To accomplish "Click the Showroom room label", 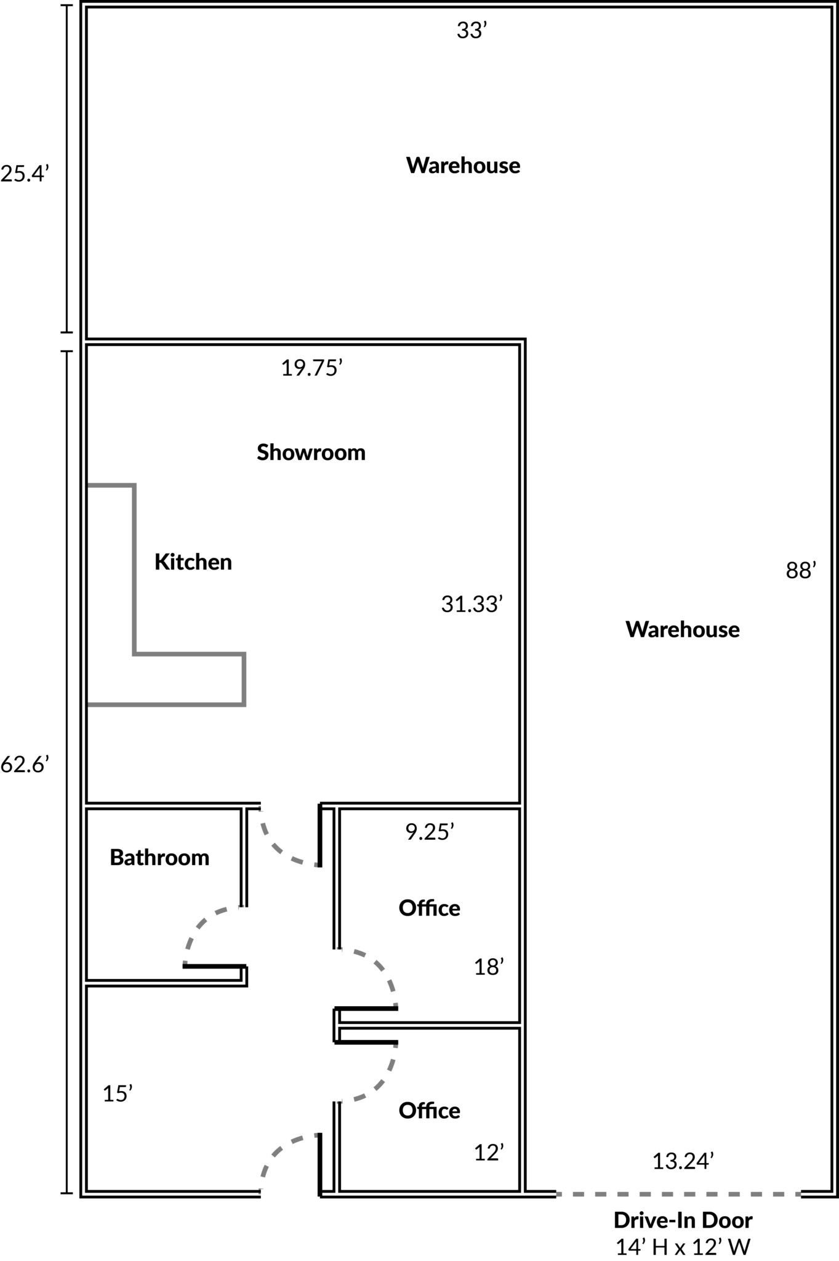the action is point(311,453).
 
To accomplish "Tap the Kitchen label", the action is point(193,562).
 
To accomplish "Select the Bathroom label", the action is point(159,858).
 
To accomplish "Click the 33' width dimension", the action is point(472,30).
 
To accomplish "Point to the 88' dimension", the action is point(801,571).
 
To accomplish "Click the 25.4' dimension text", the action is point(24,174).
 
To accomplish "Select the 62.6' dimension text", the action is point(24,765).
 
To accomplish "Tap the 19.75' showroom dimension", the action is point(311,368).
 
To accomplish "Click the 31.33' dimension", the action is point(472,605).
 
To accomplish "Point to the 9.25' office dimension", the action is point(430,832).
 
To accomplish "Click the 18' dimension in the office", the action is point(489,967).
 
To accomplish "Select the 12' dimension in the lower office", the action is point(489,1153).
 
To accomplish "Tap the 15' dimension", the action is point(118,1094).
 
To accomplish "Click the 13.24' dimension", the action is point(683,1161).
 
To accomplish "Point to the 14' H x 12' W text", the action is point(683,1247).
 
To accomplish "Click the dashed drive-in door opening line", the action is point(678,1195).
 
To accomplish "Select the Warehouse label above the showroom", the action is point(463,166).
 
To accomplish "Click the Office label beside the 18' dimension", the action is point(429,908).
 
